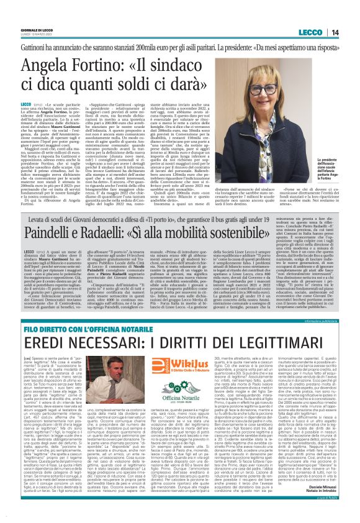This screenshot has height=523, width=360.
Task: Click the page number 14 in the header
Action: pos(352,14)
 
